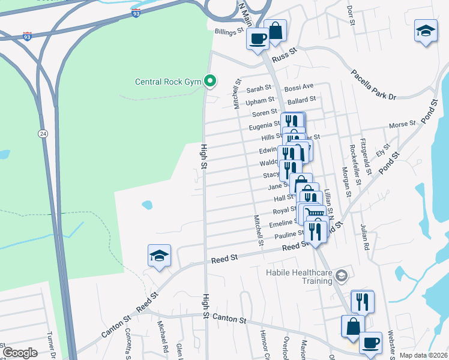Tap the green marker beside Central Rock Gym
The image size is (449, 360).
(x=210, y=80)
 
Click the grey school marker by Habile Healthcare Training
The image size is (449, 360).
(x=342, y=275)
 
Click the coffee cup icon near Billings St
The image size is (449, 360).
(x=258, y=39)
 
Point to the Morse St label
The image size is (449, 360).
(x=402, y=125)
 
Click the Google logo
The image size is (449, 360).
(x=20, y=353)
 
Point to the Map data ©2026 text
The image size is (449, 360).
(x=424, y=355)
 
